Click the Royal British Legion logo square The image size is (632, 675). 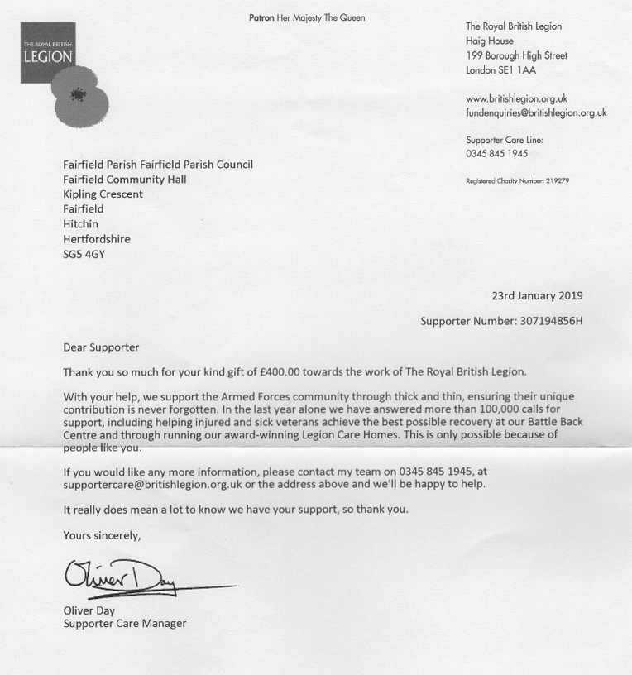click(47, 52)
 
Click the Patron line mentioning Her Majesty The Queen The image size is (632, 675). click(307, 18)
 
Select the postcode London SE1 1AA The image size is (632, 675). click(500, 71)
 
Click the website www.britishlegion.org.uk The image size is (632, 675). click(516, 99)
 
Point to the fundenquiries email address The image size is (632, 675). click(536, 113)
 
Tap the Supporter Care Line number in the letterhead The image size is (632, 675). click(496, 154)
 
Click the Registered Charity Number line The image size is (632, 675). click(517, 181)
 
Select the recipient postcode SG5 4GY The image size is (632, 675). click(84, 255)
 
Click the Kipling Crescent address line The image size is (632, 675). click(103, 194)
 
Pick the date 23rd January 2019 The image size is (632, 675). click(537, 296)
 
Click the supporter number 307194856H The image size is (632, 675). click(551, 321)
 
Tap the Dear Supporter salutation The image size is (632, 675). click(101, 347)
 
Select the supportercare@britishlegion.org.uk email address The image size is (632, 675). click(152, 485)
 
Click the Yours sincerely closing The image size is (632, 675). click(102, 536)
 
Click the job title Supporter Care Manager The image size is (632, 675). click(125, 624)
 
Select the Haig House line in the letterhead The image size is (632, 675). click(490, 41)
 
